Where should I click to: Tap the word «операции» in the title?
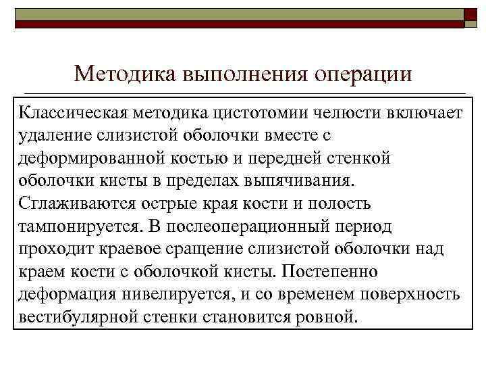[x=363, y=72]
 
